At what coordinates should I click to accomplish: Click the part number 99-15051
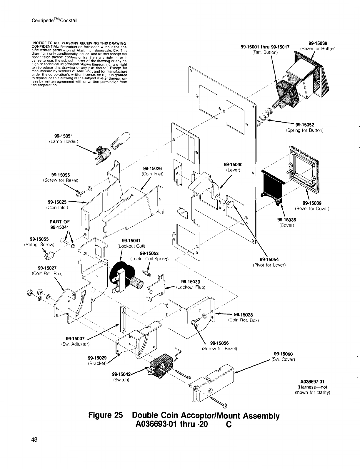coord(64,136)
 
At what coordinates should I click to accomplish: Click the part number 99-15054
coord(269,259)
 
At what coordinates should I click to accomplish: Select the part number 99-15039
coord(312,203)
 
